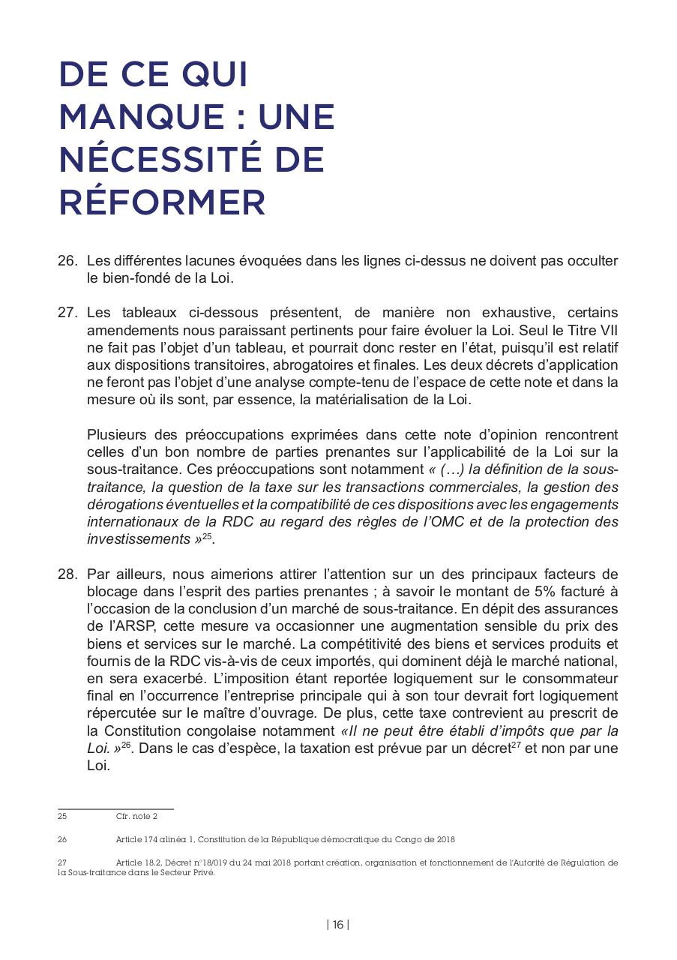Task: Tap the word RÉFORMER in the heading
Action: click(162, 202)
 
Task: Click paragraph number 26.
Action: click(67, 261)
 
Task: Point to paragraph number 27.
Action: click(67, 313)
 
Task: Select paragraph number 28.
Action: click(67, 575)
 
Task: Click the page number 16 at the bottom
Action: click(338, 925)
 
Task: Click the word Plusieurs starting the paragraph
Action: click(116, 435)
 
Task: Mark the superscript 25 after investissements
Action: click(208, 537)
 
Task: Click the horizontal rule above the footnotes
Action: click(115, 808)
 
